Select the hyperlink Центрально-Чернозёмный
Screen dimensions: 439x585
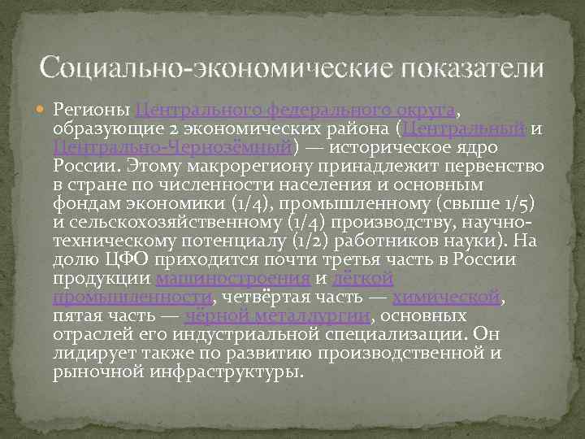coord(172,148)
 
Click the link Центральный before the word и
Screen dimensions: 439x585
coord(465,129)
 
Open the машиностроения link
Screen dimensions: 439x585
coord(232,279)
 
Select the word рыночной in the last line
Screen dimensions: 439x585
coord(97,372)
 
